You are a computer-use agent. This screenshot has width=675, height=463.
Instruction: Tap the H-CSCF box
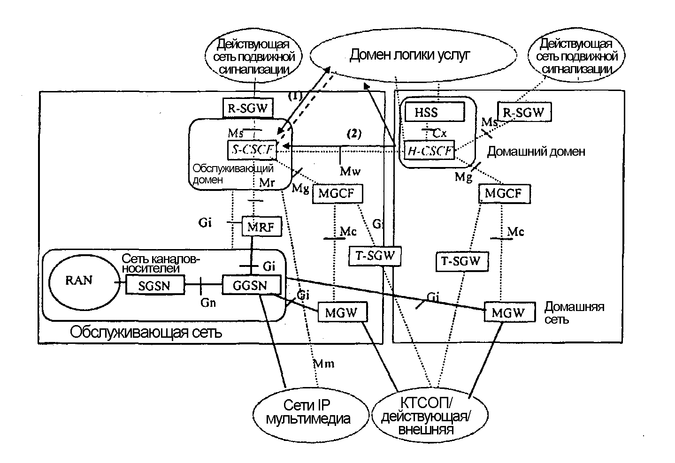pos(430,151)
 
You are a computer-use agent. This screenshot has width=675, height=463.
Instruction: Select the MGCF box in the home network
pos(504,193)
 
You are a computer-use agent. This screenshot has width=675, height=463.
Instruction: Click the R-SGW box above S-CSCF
pos(248,109)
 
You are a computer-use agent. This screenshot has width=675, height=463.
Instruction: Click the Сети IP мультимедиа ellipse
pos(307,412)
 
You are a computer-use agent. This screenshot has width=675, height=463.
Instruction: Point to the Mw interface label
pos(351,171)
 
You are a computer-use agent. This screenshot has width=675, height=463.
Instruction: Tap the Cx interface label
pos(439,133)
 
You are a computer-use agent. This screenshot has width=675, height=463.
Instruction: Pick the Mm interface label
pos(323,363)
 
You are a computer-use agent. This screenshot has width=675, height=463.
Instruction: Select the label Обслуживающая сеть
pos(146,333)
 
